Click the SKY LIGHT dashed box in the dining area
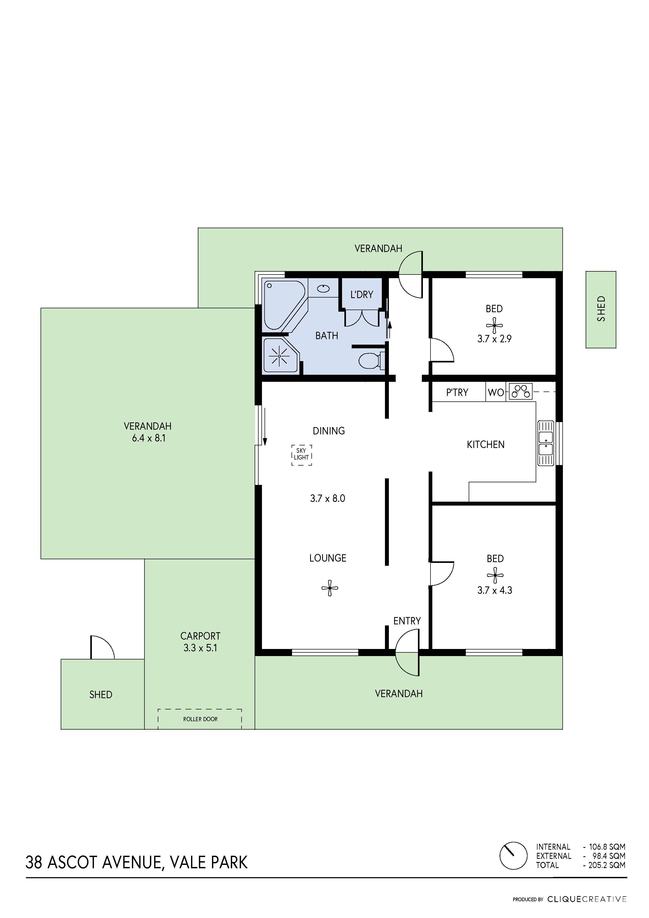coord(301,455)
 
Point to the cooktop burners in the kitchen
coord(521,391)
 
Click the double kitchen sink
coord(545,443)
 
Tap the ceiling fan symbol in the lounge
coord(330,588)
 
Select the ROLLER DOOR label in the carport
coord(200,719)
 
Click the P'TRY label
coord(457,393)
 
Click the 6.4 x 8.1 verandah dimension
coord(148,438)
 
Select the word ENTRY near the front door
coord(407,621)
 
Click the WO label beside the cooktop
coord(496,393)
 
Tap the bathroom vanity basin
coord(323,288)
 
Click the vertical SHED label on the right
coord(601,309)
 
